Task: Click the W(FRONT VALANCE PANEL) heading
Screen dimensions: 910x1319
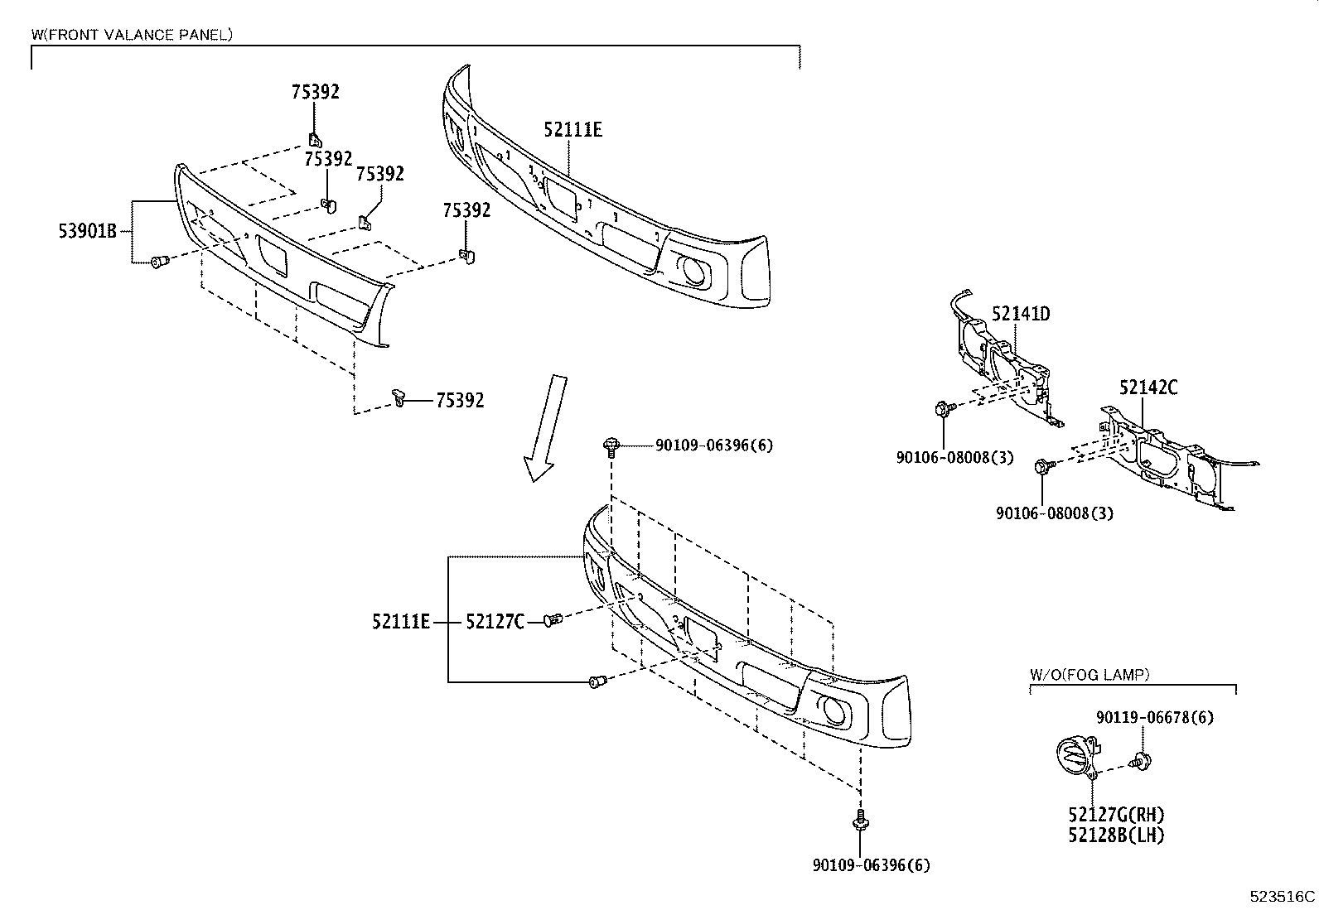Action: point(132,35)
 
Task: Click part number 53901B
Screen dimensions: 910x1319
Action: point(87,231)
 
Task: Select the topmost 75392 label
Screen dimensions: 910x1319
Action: point(315,92)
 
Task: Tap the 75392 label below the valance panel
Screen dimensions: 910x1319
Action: point(460,401)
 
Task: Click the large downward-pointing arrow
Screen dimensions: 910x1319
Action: point(548,426)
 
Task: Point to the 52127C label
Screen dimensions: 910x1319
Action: point(495,621)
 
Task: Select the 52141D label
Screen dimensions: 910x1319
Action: point(1021,314)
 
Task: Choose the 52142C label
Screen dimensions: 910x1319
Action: point(1148,387)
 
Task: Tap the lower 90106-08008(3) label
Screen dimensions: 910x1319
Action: point(1055,513)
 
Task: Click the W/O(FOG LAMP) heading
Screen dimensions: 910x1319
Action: point(1090,675)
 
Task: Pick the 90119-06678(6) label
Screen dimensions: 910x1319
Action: point(1154,717)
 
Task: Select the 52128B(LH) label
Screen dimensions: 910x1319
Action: point(1116,835)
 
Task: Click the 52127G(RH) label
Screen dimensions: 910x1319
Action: point(1116,815)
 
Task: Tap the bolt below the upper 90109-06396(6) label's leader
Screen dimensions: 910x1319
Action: point(611,446)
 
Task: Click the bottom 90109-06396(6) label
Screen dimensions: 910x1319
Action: point(871,865)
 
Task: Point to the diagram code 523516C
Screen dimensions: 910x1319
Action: point(1283,896)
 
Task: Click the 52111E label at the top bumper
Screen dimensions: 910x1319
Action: point(573,129)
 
